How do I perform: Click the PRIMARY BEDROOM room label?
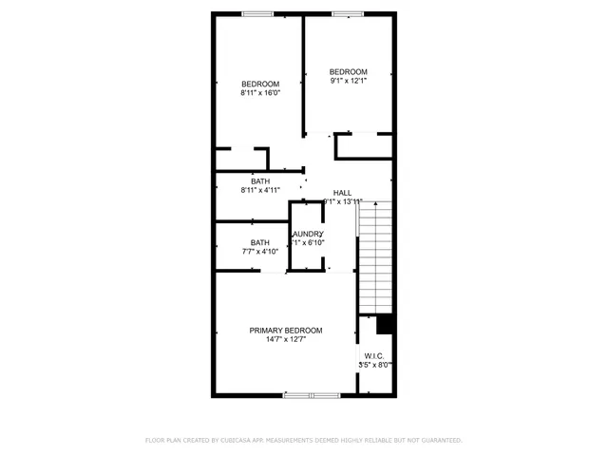pyautogui.click(x=285, y=331)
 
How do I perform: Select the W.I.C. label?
pyautogui.click(x=373, y=355)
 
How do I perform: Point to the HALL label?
pyautogui.click(x=342, y=192)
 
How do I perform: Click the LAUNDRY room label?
pyautogui.click(x=308, y=234)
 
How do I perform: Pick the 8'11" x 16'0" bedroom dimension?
pyautogui.click(x=259, y=93)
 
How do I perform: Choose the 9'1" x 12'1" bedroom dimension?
pyautogui.click(x=348, y=81)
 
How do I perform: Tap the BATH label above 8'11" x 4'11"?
pyautogui.click(x=259, y=180)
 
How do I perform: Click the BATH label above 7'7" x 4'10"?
pyautogui.click(x=259, y=242)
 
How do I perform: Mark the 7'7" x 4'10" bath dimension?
pyautogui.click(x=259, y=251)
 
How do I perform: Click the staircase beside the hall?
pyautogui.click(x=374, y=256)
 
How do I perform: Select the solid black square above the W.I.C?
pyautogui.click(x=385, y=324)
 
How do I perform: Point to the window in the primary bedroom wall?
pyautogui.click(x=312, y=394)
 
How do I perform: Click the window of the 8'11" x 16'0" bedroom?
pyautogui.click(x=256, y=13)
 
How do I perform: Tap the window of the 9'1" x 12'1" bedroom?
pyautogui.click(x=347, y=13)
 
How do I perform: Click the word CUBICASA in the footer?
pyautogui.click(x=237, y=441)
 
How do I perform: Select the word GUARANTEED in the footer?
pyautogui.click(x=440, y=441)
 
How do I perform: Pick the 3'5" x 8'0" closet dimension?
pyautogui.click(x=374, y=364)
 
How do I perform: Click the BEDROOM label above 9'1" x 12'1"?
pyautogui.click(x=348, y=72)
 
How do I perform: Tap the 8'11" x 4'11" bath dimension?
pyautogui.click(x=259, y=190)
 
